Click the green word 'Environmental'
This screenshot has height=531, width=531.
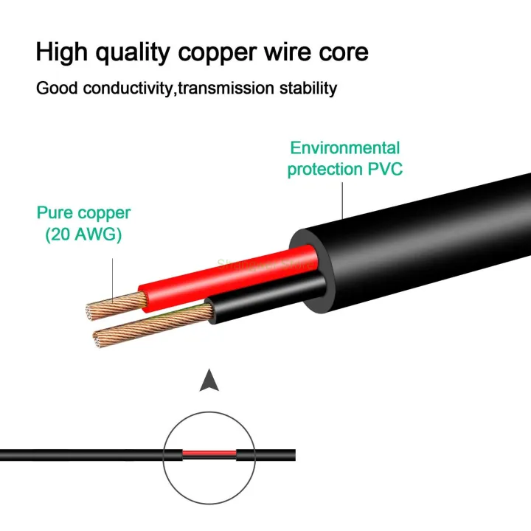pyautogui.click(x=345, y=147)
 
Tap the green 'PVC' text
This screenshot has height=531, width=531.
pyautogui.click(x=385, y=169)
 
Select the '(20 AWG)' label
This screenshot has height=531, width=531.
pyautogui.click(x=83, y=235)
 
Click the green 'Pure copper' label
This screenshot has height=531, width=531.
pyautogui.click(x=83, y=213)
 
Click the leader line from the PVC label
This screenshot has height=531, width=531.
pyautogui.click(x=343, y=199)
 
